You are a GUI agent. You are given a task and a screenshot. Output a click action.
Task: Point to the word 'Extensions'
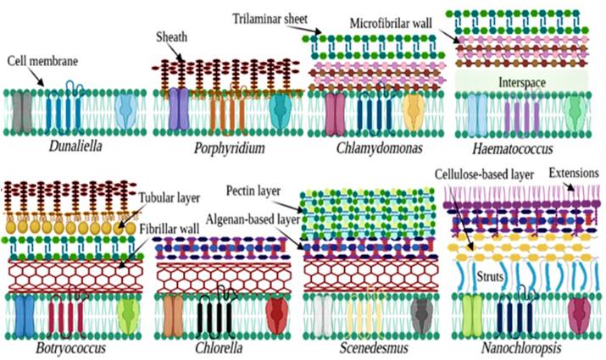coord(575,174)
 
